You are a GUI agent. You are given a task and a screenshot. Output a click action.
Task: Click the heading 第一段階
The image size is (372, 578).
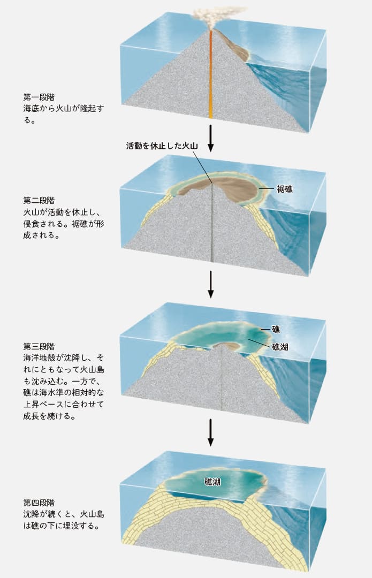click(x=39, y=97)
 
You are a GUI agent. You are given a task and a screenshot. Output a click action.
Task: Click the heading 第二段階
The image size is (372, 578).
click(x=39, y=200)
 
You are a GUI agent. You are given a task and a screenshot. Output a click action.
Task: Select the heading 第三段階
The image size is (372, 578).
click(x=39, y=346)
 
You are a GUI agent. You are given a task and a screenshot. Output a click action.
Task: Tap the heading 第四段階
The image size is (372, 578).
click(x=39, y=503)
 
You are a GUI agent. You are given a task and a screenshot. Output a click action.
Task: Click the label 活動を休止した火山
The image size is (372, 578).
click(x=162, y=146)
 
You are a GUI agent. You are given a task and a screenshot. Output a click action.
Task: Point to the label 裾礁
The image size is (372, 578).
click(x=285, y=188)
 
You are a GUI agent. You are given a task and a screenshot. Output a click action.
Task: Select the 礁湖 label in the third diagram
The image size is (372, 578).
click(x=280, y=346)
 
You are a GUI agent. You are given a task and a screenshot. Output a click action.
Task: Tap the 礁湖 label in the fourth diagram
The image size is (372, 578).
click(x=213, y=482)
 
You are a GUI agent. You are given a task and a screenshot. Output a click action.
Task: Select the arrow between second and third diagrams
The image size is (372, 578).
click(x=211, y=284)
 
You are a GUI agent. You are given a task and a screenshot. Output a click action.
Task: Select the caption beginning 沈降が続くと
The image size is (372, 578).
click(x=63, y=520)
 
